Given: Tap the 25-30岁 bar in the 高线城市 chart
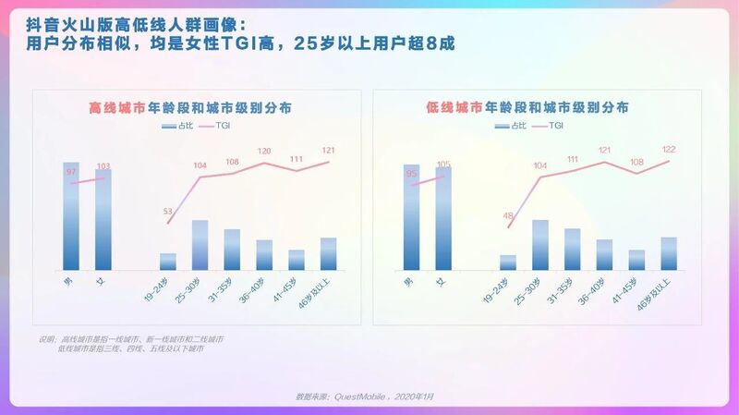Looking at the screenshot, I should (200, 245).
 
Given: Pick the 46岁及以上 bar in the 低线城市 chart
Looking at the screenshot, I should (669, 253).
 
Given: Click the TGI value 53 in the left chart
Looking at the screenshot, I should (167, 212).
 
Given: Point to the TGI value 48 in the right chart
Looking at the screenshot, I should (507, 216).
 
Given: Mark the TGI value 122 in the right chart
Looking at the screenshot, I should (669, 149).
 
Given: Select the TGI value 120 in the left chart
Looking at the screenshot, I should (264, 151).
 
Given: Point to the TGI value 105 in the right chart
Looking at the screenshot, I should (443, 165).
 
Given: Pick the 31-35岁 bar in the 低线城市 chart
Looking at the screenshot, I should (573, 249).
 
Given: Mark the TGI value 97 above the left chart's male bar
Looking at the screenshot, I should (71, 172).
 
